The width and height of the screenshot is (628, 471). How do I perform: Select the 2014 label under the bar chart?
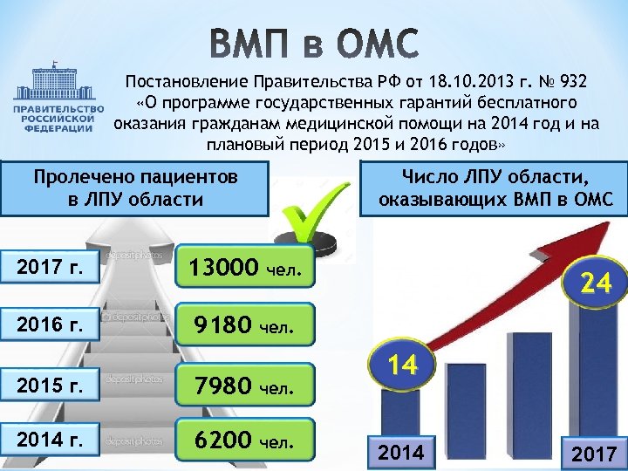tap(401, 452)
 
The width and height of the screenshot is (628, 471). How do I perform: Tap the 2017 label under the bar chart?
tap(593, 454)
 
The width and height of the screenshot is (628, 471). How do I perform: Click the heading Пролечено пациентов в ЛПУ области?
tap(135, 188)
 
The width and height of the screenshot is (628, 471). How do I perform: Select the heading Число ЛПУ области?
tap(495, 188)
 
